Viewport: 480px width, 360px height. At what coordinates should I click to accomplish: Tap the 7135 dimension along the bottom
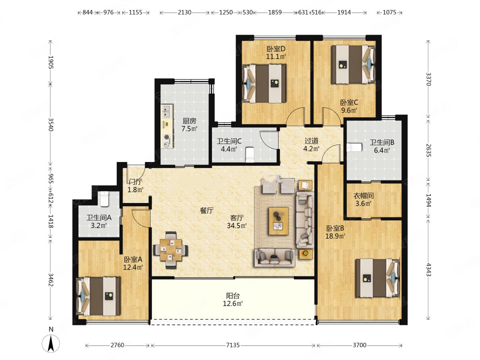[x=233, y=345]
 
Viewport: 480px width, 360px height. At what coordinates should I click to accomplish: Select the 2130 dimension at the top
[x=184, y=12]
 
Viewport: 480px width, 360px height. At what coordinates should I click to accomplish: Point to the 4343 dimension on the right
[x=429, y=270]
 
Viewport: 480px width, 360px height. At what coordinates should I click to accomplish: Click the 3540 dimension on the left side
[x=51, y=124]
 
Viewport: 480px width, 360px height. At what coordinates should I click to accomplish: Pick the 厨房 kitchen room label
[x=189, y=121]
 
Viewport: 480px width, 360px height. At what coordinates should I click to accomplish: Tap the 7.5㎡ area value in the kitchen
[x=189, y=129]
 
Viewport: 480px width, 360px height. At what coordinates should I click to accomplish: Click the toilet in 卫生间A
[x=104, y=199]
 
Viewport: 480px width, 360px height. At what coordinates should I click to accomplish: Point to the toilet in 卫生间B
[x=354, y=147]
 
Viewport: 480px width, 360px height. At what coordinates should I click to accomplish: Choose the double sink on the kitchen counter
[x=167, y=111]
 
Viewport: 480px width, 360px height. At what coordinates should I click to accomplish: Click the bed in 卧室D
[x=264, y=84]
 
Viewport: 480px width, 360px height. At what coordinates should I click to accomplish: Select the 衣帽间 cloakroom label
[x=363, y=195]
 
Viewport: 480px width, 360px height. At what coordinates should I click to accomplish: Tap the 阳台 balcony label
[x=233, y=296]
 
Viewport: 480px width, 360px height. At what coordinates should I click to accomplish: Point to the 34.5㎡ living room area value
[x=237, y=225]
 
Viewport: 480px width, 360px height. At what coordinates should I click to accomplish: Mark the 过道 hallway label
[x=311, y=141]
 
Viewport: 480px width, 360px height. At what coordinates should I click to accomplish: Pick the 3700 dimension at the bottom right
[x=359, y=345]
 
